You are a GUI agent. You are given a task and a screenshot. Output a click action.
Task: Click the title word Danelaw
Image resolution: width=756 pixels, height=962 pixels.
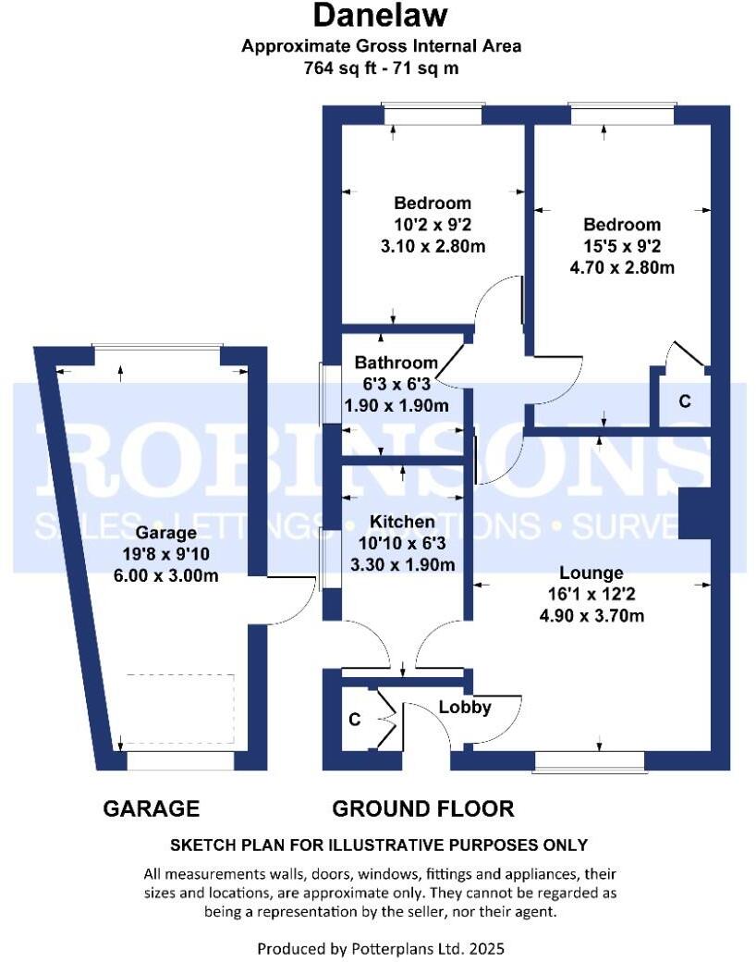(380, 16)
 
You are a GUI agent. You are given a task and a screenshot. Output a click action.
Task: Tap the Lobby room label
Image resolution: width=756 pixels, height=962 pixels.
(465, 708)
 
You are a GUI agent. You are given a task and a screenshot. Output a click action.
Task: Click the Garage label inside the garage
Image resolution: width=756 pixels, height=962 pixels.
(166, 533)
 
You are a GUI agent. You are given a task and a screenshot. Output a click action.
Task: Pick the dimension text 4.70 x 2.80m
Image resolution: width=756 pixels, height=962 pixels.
(622, 268)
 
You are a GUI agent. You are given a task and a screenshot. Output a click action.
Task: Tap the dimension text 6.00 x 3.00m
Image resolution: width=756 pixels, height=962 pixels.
(166, 575)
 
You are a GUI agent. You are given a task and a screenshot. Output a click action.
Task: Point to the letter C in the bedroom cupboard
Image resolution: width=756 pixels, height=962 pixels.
(684, 401)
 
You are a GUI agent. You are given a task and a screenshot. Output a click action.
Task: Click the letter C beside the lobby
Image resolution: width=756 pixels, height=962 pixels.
(354, 718)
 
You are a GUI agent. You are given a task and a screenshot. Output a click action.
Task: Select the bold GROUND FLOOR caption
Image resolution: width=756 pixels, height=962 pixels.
(422, 808)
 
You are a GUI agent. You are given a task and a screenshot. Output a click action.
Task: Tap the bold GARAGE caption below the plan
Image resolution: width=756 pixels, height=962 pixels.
(151, 808)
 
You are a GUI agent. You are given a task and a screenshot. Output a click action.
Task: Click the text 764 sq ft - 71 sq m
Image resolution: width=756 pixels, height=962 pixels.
(381, 68)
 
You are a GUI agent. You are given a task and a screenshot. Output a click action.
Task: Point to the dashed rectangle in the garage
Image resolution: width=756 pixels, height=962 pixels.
(179, 709)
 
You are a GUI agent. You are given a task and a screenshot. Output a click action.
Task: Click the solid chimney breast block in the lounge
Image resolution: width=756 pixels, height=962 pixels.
(694, 513)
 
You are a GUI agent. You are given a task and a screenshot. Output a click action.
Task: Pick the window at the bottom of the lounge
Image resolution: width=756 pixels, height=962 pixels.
(589, 760)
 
